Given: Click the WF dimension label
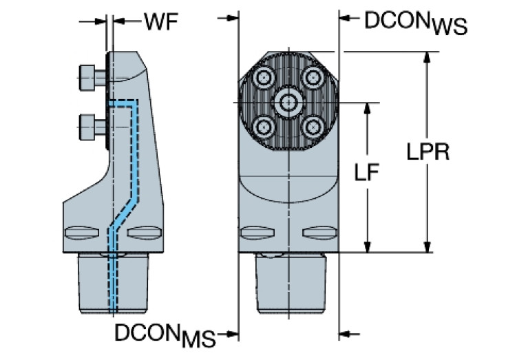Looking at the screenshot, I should coord(160,21).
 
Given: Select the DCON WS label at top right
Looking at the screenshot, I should coord(415,22).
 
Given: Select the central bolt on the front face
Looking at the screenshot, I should coord(288,103).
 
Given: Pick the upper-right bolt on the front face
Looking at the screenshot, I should coord(313,78).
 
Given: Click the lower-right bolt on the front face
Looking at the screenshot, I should coord(313,127).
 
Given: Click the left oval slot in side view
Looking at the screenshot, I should coord(80,231).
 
